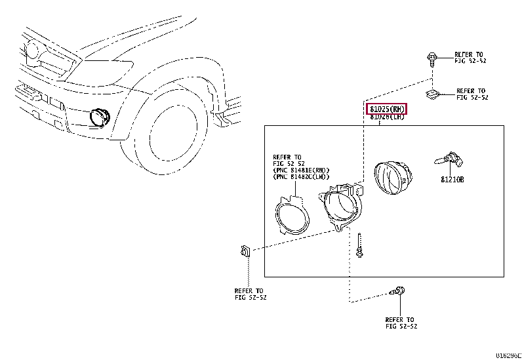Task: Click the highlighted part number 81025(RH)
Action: pyautogui.click(x=387, y=108)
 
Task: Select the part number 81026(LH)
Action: pyautogui.click(x=387, y=117)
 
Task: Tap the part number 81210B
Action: pyautogui.click(x=452, y=179)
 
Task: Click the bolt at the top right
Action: pyautogui.click(x=431, y=59)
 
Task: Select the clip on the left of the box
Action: pyautogui.click(x=244, y=252)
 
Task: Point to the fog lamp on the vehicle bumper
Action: pyautogui.click(x=100, y=116)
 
